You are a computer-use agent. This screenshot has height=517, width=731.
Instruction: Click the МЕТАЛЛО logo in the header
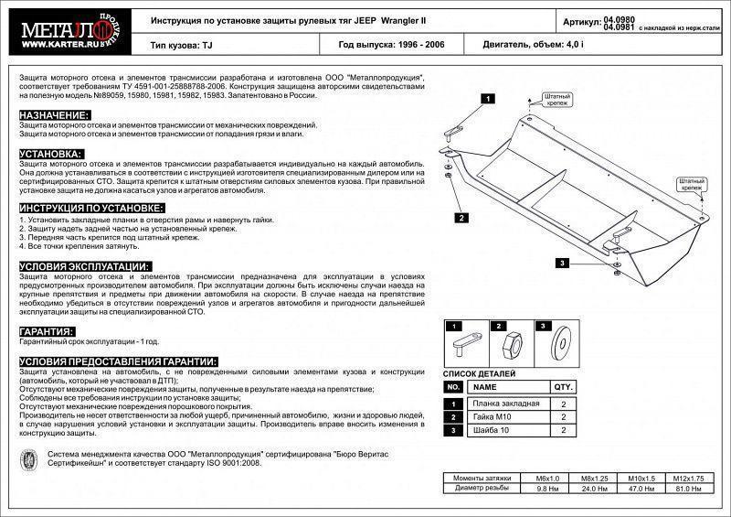[60, 31]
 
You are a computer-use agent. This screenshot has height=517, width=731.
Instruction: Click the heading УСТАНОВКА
[51, 154]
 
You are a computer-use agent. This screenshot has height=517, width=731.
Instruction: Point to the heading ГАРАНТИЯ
[47, 331]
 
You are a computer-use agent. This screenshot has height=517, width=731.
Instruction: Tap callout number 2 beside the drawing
[462, 218]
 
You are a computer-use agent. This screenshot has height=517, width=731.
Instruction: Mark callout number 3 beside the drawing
[563, 264]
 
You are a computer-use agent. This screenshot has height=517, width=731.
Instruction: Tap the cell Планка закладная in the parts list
[504, 404]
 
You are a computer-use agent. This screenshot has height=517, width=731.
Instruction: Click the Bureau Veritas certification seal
[30, 459]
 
